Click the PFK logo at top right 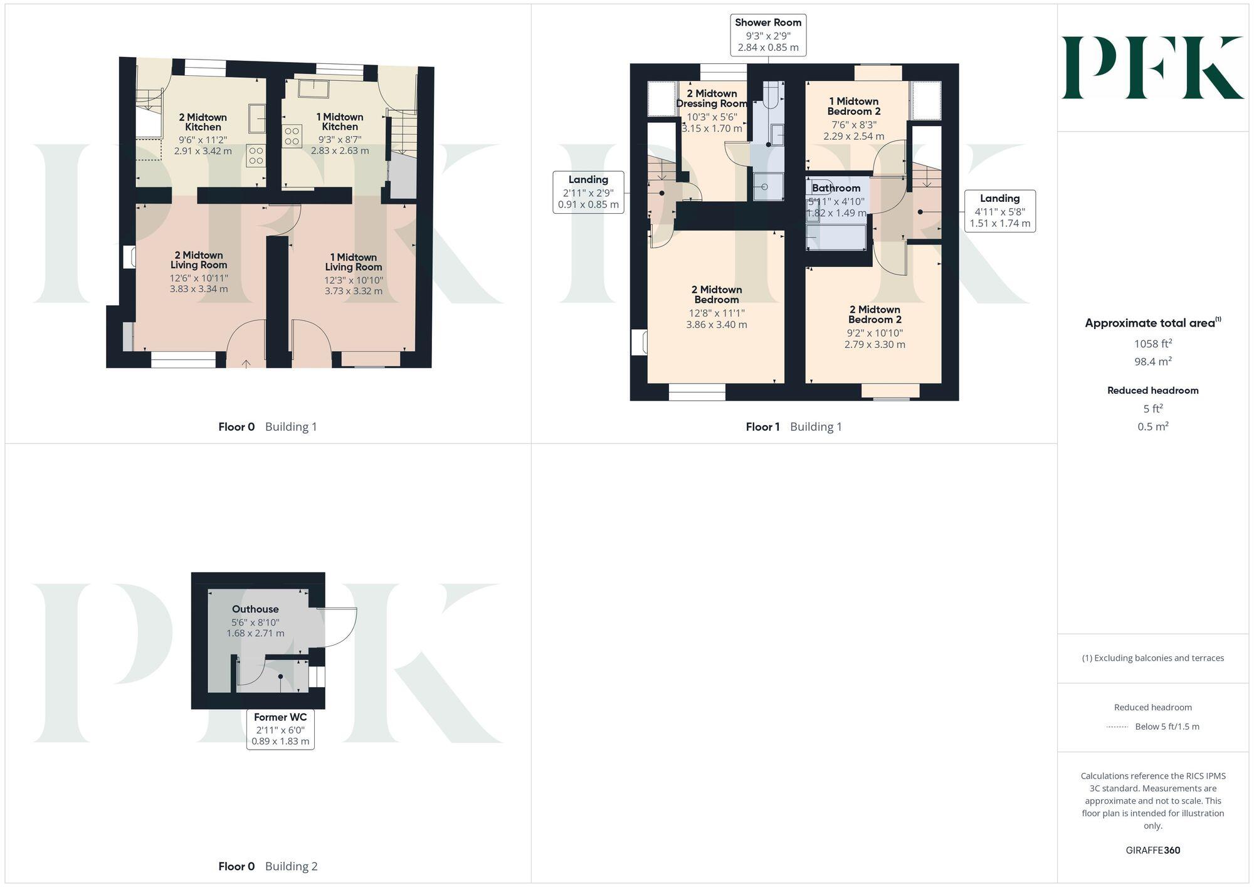click(x=1152, y=68)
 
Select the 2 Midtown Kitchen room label click(x=203, y=122)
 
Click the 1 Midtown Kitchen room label click(x=340, y=122)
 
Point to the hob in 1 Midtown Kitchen click(x=292, y=136)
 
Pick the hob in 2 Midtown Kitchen click(x=256, y=155)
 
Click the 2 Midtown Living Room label click(x=198, y=260)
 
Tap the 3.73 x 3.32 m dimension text click(x=353, y=291)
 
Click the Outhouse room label click(x=255, y=609)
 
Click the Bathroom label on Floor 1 click(x=836, y=188)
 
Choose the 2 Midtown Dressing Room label click(x=712, y=98)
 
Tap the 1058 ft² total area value click(x=1152, y=344)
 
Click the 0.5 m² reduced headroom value click(x=1152, y=426)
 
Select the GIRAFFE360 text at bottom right click(x=1152, y=850)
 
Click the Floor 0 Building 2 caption click(x=268, y=866)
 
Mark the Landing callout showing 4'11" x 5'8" click(x=999, y=211)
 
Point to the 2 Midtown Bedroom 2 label click(x=875, y=314)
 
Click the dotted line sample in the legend click(x=1117, y=727)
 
